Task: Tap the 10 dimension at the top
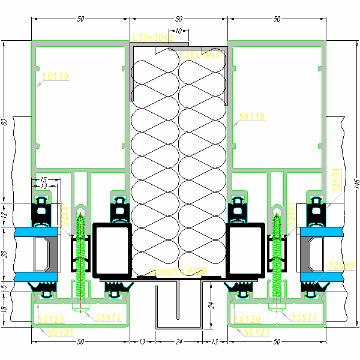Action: tap(178, 31)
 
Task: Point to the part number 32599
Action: tap(341, 265)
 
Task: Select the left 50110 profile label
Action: tap(56, 76)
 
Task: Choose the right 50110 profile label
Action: tap(251, 116)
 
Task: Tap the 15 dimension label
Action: tap(43, 179)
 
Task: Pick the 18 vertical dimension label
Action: tap(4, 310)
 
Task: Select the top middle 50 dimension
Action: tap(178, 19)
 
